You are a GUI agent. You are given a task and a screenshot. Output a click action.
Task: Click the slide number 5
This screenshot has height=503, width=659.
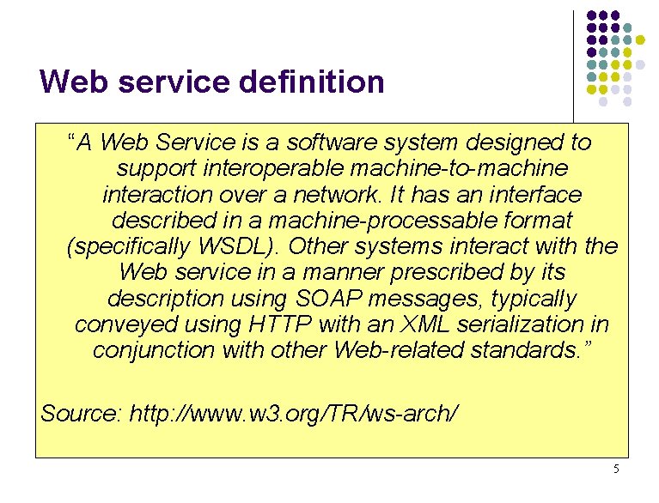[x=616, y=469]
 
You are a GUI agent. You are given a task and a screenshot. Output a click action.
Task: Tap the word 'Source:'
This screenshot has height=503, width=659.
[x=82, y=414]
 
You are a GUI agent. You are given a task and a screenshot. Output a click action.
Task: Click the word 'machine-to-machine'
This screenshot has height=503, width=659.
[x=468, y=167]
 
